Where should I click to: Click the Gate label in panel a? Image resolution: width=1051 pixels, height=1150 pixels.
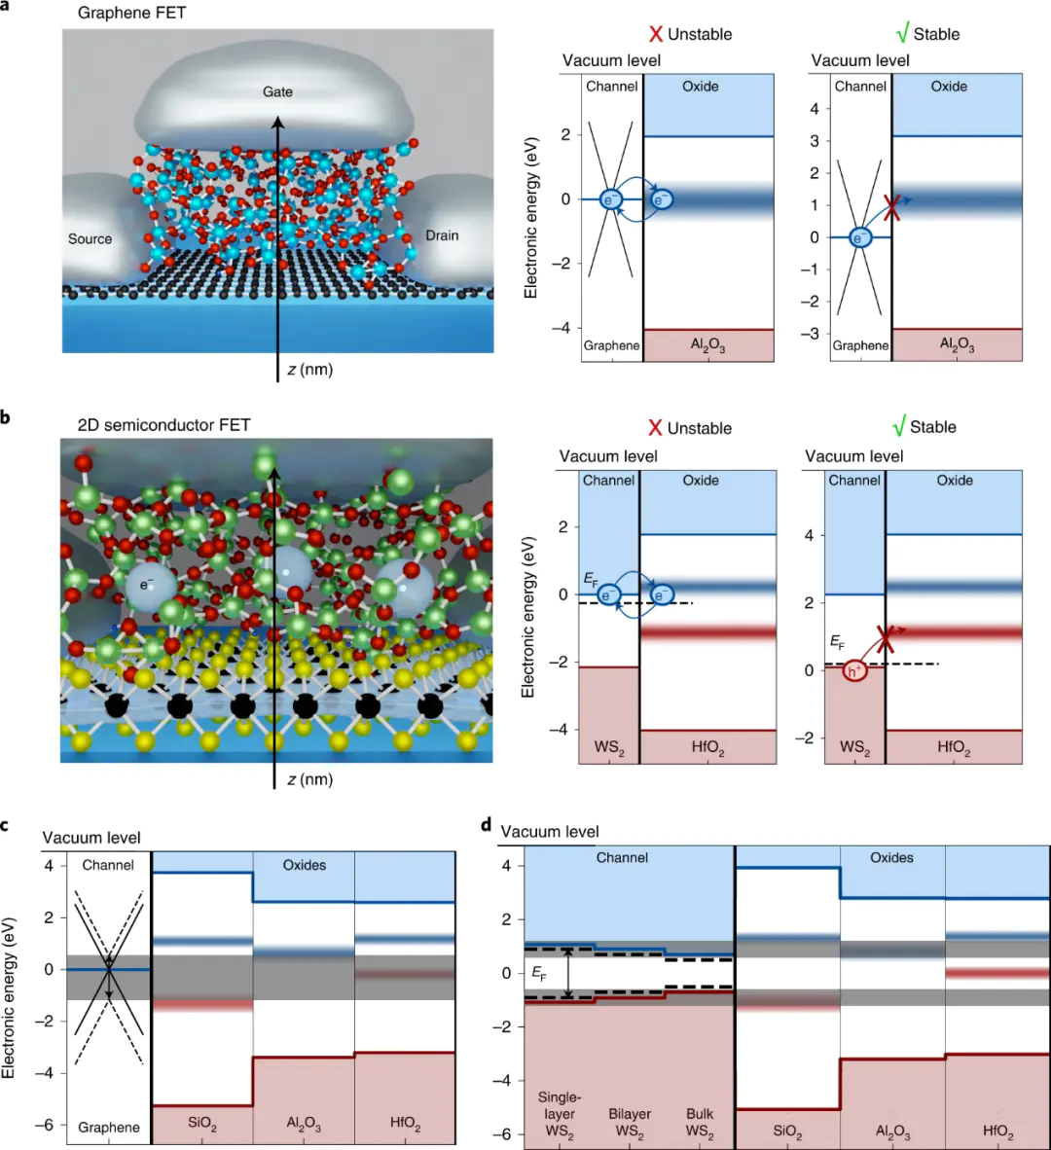pyautogui.click(x=277, y=91)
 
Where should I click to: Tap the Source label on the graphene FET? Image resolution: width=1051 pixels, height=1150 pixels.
pyautogui.click(x=90, y=239)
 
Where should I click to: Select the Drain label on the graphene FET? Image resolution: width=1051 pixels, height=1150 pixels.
pyautogui.click(x=442, y=235)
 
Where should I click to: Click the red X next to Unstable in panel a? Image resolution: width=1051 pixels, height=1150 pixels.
pyautogui.click(x=655, y=35)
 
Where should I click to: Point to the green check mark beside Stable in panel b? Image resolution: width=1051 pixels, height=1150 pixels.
pyautogui.click(x=899, y=427)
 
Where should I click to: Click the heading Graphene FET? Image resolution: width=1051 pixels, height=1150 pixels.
pyautogui.click(x=131, y=14)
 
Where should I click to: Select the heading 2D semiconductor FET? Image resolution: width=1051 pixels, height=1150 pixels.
pyautogui.click(x=163, y=425)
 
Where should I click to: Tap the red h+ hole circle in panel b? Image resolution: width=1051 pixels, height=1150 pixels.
pyautogui.click(x=855, y=671)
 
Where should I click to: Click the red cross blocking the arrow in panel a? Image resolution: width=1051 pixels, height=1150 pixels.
pyautogui.click(x=891, y=207)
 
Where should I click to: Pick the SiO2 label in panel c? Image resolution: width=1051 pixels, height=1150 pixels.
pyautogui.click(x=201, y=1124)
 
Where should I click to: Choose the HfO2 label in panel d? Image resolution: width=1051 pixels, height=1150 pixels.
pyautogui.click(x=997, y=1132)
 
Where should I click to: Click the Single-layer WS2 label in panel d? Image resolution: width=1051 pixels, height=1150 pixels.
pyautogui.click(x=560, y=1115)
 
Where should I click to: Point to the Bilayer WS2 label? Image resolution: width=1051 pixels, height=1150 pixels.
pyautogui.click(x=630, y=1123)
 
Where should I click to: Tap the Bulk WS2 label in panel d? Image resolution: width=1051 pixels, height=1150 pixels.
pyautogui.click(x=700, y=1123)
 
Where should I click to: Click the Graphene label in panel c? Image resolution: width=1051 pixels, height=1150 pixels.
pyautogui.click(x=109, y=1128)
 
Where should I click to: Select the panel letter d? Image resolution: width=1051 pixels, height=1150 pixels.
pyautogui.click(x=487, y=825)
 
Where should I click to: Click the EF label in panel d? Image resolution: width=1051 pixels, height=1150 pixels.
pyautogui.click(x=539, y=972)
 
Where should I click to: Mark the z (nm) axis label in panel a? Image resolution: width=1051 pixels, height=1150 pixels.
pyautogui.click(x=309, y=369)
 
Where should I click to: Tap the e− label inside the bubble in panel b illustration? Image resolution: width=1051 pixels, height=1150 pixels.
pyautogui.click(x=147, y=585)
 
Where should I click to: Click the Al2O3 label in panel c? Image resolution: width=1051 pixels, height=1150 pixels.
pyautogui.click(x=304, y=1124)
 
